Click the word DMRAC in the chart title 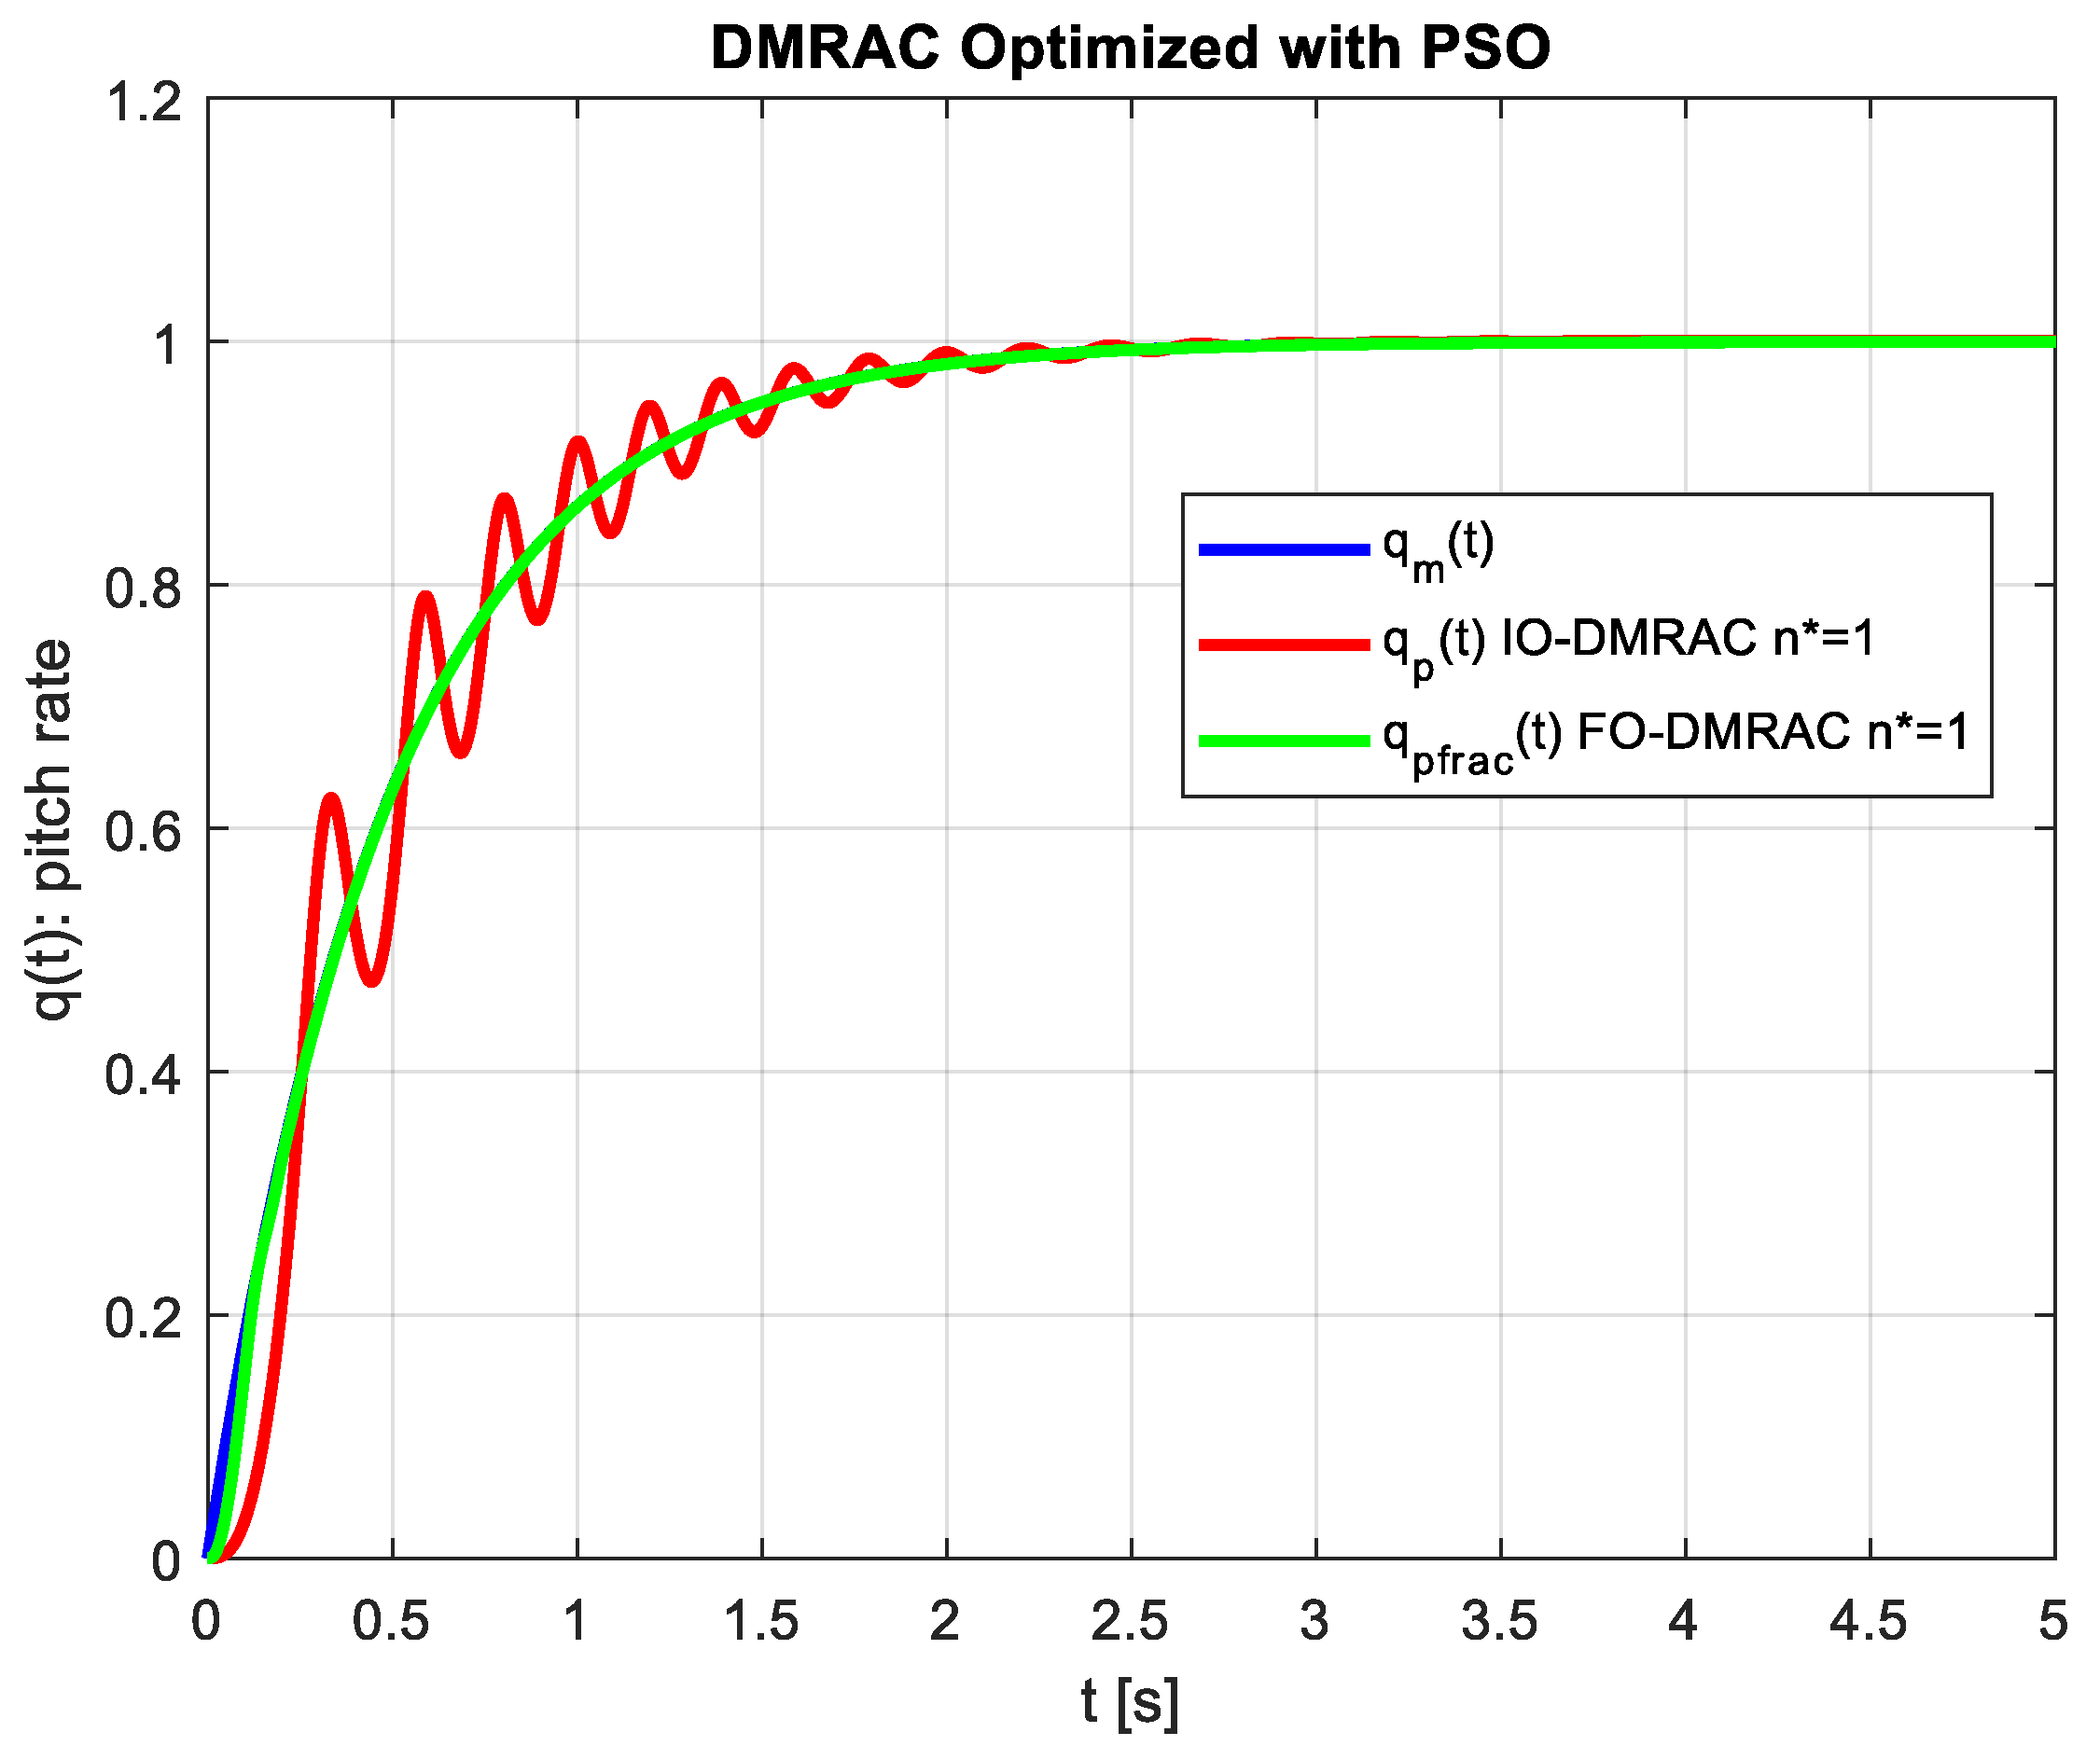pos(826,47)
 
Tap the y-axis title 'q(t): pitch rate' pos(52,830)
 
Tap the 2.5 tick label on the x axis pos(1129,1621)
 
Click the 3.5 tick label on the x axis pos(1499,1621)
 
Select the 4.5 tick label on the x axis pos(1869,1621)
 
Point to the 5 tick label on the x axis pos(2052,1621)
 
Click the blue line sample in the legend pos(1284,548)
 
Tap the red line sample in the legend pos(1284,644)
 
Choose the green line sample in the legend pos(1284,741)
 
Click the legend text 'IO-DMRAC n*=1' pos(1687,639)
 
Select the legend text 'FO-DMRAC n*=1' pos(1772,733)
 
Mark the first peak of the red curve pos(331,797)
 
